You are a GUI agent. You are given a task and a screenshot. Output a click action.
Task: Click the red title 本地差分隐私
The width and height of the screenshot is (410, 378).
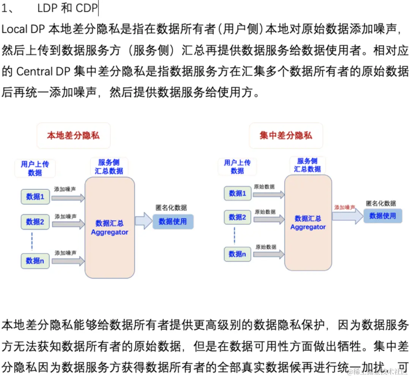coord(73,136)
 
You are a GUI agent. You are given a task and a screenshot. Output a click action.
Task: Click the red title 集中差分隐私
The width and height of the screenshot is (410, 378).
coord(286,136)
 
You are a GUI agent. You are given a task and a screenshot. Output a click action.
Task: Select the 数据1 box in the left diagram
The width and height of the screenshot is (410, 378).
coord(35,197)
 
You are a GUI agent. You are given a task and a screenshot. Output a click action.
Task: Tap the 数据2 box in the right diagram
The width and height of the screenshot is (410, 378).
coord(238,217)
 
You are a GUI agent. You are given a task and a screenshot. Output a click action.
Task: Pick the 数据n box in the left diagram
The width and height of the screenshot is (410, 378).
coord(35,261)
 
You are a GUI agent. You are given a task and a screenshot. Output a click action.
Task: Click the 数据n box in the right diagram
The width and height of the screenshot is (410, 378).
coord(238,254)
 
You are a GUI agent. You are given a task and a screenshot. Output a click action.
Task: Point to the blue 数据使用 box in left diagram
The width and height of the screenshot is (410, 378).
coord(173,221)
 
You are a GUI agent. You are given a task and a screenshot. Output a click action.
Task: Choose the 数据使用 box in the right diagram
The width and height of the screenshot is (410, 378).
coord(383,216)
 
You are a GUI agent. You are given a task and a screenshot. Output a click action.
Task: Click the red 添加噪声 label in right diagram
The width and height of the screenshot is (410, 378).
coord(345,208)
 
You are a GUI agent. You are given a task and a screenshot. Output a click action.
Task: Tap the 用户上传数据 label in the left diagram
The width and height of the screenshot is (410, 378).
coord(35,168)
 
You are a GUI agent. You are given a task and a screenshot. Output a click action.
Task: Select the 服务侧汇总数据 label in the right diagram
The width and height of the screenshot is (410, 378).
coord(307,165)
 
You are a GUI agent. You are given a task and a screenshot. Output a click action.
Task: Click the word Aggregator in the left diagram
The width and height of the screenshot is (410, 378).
coord(110,232)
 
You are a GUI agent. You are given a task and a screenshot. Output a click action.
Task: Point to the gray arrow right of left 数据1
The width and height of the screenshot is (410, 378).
coord(68,198)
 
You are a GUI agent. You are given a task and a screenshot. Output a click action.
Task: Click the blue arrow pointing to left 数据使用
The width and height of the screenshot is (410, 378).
coord(143,221)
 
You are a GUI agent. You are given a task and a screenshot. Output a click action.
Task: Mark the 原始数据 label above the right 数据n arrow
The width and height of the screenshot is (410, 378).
coord(265,247)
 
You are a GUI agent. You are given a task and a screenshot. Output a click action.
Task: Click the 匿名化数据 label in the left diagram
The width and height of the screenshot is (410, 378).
coord(171,208)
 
